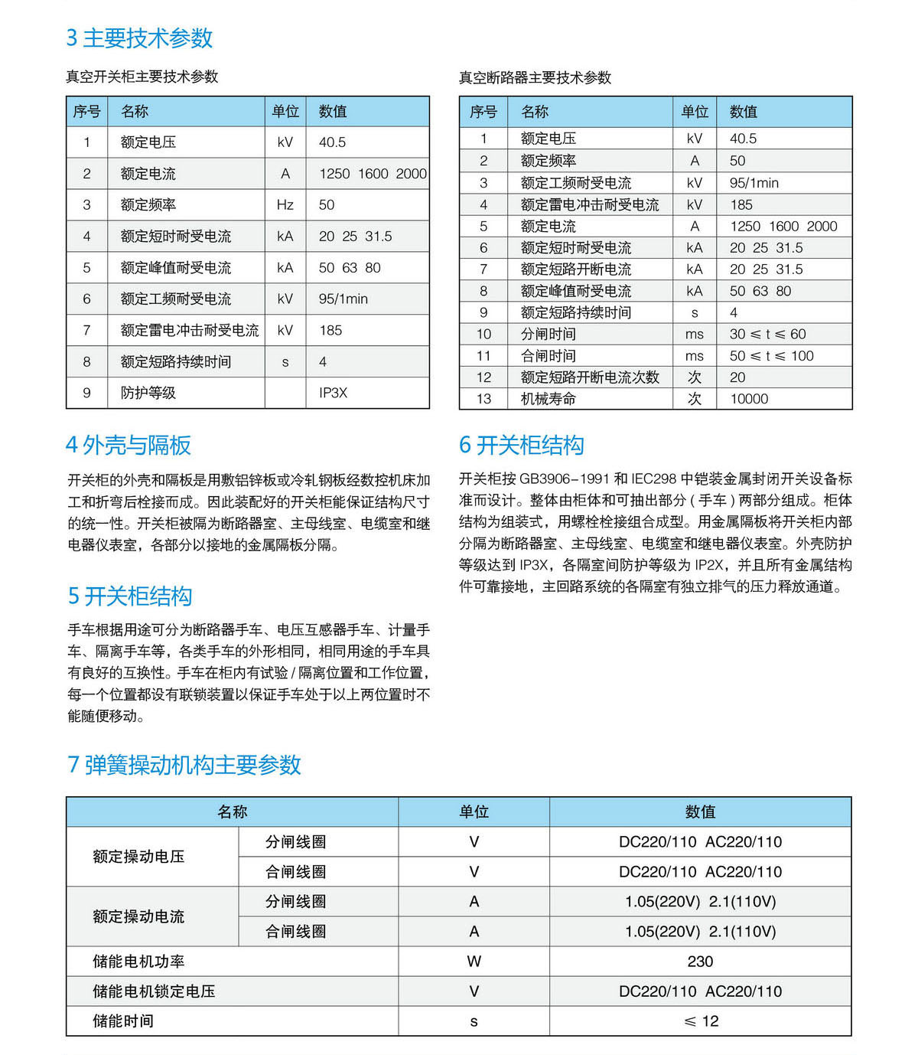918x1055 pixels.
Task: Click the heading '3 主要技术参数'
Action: (x=139, y=38)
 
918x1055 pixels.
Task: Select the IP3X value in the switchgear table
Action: (x=333, y=393)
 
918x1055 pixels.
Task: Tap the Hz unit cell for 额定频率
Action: (x=285, y=205)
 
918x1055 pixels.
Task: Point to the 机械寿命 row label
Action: (x=548, y=399)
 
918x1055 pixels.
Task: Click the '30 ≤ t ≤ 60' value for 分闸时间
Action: (x=767, y=335)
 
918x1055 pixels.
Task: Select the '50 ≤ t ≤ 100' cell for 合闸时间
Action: (x=771, y=356)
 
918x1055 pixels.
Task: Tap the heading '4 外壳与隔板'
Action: (x=129, y=446)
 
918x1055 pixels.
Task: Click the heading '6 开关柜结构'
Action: (x=521, y=446)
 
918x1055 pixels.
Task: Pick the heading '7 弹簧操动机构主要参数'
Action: (x=184, y=765)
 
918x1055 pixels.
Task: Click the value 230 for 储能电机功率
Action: (x=700, y=962)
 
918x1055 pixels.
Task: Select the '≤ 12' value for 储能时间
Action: (x=701, y=1021)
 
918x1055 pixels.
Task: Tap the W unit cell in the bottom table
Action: (x=474, y=962)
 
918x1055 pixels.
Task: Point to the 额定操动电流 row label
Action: (x=138, y=916)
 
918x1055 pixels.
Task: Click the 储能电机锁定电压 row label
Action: (x=154, y=991)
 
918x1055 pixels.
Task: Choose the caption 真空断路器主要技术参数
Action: (x=535, y=78)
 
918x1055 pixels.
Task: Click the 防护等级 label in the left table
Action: (x=148, y=393)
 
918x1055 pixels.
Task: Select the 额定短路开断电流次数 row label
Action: (x=590, y=377)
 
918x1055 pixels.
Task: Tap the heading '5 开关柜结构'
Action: (x=129, y=596)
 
